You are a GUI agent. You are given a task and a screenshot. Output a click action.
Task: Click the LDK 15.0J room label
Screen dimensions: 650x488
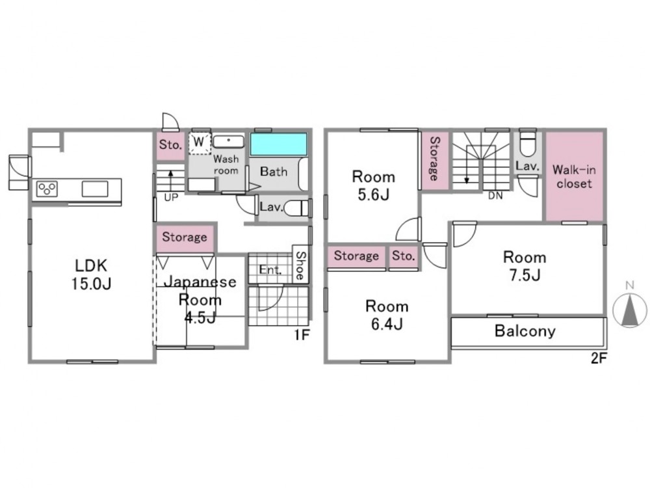click(x=91, y=275)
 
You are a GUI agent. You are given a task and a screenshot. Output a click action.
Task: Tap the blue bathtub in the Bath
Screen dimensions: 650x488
click(x=279, y=144)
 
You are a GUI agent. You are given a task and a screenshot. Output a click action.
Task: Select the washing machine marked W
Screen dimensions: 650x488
click(x=200, y=142)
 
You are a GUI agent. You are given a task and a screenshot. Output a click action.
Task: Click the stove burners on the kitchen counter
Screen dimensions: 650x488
click(x=47, y=189)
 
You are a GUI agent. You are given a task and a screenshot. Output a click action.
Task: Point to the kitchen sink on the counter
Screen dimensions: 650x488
click(x=95, y=189)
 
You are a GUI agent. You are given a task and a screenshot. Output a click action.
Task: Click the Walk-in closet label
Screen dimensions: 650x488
click(x=574, y=176)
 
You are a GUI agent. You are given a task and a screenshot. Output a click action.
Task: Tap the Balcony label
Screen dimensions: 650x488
click(x=525, y=331)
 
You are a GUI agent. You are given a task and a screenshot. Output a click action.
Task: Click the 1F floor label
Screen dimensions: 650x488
click(x=302, y=334)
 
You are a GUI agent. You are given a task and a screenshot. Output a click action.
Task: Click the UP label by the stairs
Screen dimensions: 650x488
click(x=171, y=198)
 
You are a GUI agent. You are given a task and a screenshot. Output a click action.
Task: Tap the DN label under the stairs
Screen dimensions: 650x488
click(x=495, y=195)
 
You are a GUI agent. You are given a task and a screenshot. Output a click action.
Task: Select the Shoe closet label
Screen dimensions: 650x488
click(x=300, y=266)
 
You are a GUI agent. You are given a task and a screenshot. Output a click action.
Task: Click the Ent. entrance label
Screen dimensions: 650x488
click(x=270, y=270)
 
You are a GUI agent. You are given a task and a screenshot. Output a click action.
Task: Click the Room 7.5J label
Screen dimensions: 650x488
click(x=525, y=266)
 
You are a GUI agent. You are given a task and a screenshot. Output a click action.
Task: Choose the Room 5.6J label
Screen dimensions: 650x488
click(x=374, y=185)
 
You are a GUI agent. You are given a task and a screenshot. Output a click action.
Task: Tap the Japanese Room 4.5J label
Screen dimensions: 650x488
click(x=200, y=299)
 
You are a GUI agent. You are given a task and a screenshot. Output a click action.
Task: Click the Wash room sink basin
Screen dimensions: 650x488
click(x=228, y=141)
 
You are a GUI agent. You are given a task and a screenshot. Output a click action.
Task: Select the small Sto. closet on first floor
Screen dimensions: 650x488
click(x=170, y=145)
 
